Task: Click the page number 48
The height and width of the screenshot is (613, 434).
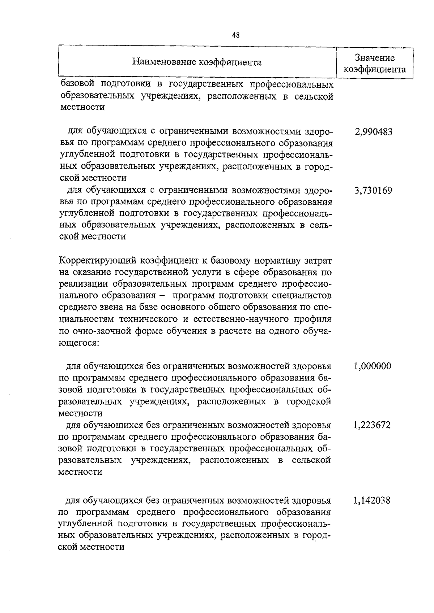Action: pos(235,35)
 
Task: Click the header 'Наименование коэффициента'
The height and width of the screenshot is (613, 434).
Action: pos(197,62)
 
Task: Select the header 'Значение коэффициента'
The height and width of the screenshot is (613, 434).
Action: pos(374,64)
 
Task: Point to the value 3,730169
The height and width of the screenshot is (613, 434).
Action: pos(374,191)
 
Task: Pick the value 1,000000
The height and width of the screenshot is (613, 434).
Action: pos(373,366)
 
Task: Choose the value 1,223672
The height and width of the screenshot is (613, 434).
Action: pos(373,425)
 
